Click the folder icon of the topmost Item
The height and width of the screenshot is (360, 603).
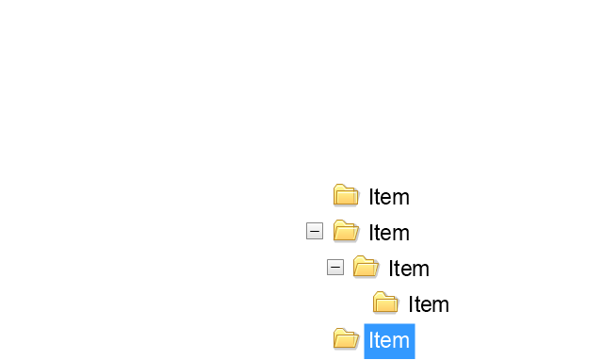pos(346,195)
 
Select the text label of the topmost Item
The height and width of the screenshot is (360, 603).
pos(389,197)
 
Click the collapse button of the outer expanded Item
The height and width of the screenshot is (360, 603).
pos(315,231)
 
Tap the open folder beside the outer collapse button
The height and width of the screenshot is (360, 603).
pos(346,231)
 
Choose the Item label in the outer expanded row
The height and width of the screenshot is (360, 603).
pos(389,233)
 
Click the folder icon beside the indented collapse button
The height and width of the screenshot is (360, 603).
pos(366,267)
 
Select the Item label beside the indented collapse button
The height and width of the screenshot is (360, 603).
pos(409,269)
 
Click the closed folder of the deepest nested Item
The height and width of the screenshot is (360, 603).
pos(385,303)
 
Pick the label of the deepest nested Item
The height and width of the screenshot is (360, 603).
pos(429,304)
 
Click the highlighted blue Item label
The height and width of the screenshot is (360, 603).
pos(389,341)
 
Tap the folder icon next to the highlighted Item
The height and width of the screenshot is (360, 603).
pos(346,338)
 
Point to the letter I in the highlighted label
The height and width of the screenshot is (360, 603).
pos(370,340)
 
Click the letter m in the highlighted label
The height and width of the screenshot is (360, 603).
pos(402,342)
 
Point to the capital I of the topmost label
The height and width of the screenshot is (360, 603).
pos(370,197)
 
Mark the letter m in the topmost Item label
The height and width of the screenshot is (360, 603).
pos(402,199)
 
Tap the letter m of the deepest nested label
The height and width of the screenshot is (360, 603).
pos(442,306)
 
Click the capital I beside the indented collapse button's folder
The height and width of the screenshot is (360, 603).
pos(391,269)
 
